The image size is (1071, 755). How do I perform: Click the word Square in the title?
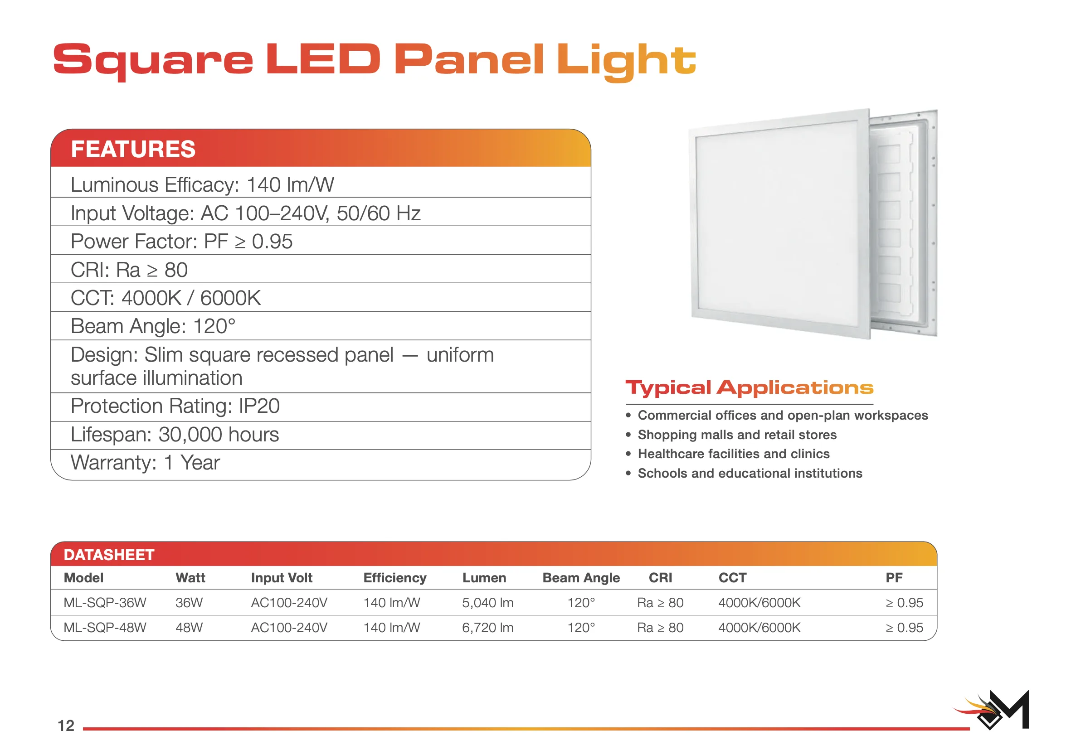coord(153,61)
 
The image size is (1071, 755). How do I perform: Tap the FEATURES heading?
coord(133,149)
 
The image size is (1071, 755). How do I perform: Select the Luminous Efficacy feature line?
coord(202,184)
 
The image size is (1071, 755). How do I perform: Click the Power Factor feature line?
coord(181,242)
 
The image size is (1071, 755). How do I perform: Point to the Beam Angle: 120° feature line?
coord(153,326)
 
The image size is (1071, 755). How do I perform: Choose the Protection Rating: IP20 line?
coord(175,406)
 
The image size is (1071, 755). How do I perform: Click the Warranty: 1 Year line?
coord(145,463)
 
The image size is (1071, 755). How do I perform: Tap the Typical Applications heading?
coord(749,388)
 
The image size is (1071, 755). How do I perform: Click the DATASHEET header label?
coord(109,555)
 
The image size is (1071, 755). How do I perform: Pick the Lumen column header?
coord(484,578)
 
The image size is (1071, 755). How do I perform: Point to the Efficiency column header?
coord(394,578)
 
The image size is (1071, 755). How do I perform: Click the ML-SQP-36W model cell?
coord(105,603)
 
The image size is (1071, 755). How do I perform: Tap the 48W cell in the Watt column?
coord(189,628)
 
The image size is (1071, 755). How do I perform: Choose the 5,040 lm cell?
coord(487,603)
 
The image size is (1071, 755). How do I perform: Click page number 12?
coord(66,726)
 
